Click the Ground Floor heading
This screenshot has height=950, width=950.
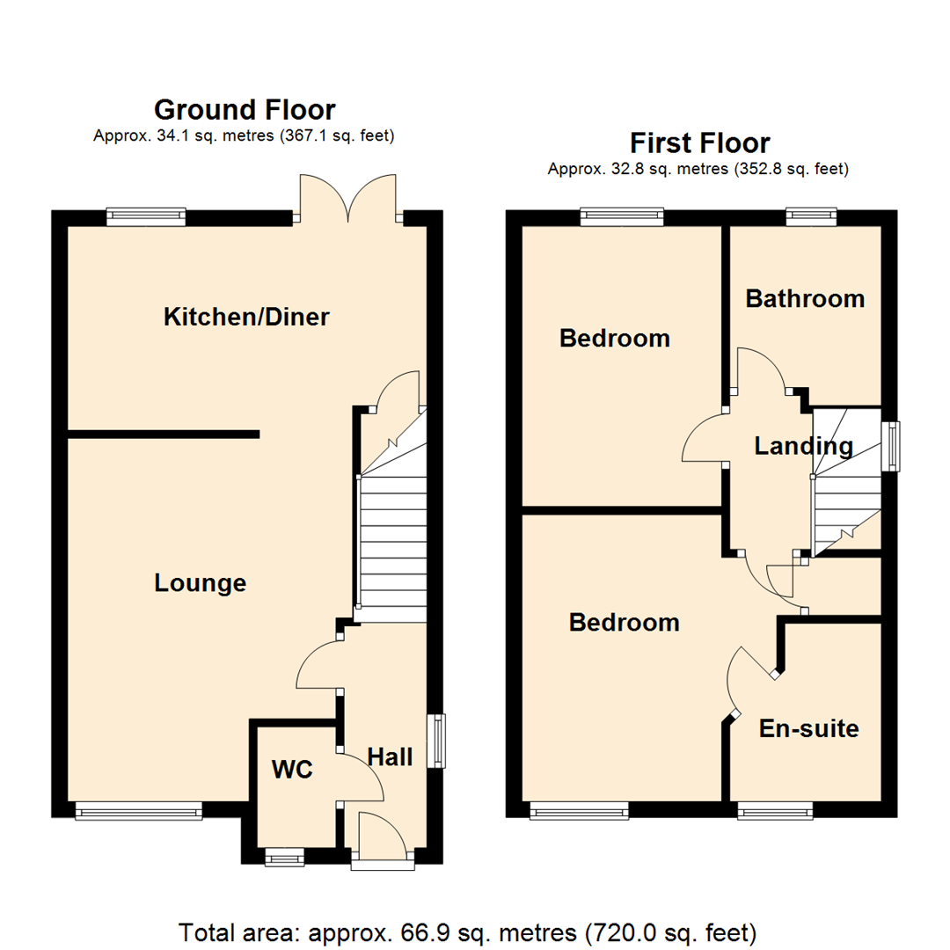[x=245, y=110]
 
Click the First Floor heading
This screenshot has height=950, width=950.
[x=699, y=142]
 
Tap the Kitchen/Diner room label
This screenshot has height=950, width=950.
[x=246, y=317]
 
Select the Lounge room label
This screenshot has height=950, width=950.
[x=200, y=583]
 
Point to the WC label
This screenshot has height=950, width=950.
[x=292, y=770]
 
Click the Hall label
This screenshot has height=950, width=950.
[x=390, y=756]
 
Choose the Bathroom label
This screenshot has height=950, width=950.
[x=805, y=298]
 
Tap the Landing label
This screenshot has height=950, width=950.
[x=803, y=446]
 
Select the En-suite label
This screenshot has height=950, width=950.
[x=808, y=728]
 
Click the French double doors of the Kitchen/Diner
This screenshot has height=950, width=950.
[x=349, y=198]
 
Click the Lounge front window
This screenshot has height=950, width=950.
[x=139, y=810]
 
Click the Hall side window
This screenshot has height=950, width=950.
[x=436, y=741]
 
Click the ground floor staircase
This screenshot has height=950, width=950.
[x=391, y=537]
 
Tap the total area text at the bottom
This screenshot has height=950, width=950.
[x=467, y=931]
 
